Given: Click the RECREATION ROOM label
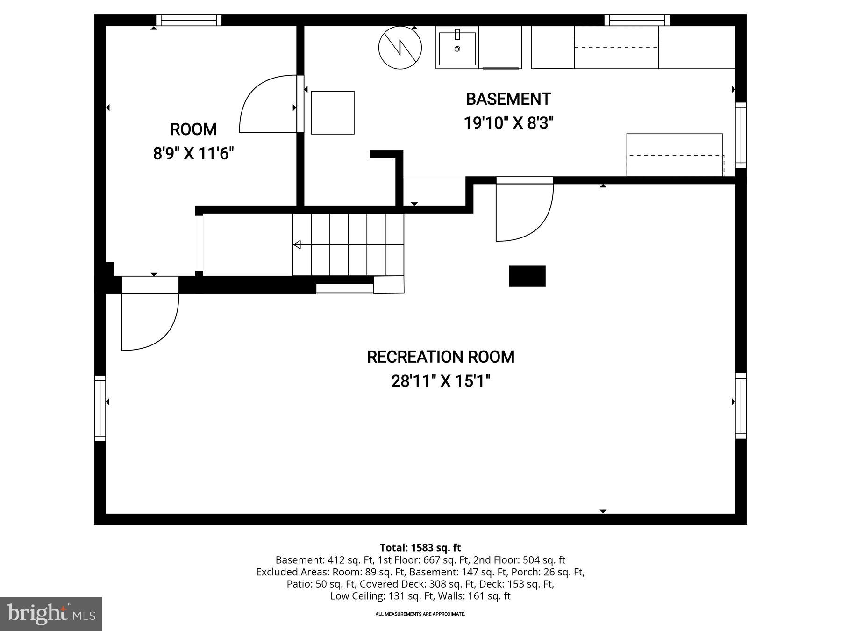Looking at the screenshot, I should point(440,357).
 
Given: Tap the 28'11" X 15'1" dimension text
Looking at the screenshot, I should point(440,381).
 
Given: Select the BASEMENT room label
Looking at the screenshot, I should point(508,99).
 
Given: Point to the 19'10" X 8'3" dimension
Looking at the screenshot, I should point(508,123).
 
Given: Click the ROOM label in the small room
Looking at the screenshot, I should point(193,129).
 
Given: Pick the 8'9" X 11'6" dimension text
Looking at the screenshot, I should point(193,153).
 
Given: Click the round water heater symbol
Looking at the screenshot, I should point(400,48).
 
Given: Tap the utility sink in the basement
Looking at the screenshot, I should point(456,48).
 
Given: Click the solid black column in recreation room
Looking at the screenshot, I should point(527,276).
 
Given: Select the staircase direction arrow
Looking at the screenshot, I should point(297,244).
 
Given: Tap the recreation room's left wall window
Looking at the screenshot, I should point(100,408).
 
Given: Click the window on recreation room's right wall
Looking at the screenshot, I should point(741,406).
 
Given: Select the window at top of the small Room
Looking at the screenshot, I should point(188,20).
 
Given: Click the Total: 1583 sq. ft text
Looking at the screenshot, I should point(420,547).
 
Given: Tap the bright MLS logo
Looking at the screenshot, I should point(51,614).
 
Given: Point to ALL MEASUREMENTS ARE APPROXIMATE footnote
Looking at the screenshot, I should point(420,614).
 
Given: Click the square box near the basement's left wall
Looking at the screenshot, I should point(333,113).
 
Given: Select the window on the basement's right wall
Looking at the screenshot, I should point(741,135).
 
